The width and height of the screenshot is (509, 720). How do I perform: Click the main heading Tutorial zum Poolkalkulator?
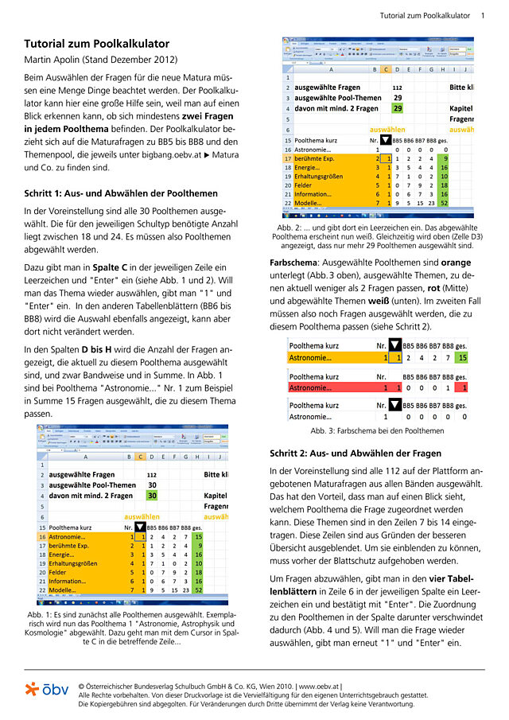point(96,44)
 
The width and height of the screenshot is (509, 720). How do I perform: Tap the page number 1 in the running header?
point(482,15)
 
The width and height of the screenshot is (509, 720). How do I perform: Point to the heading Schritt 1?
point(110,193)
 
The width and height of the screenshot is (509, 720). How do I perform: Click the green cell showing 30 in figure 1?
point(152,495)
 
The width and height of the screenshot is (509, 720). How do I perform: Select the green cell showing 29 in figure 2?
point(397,108)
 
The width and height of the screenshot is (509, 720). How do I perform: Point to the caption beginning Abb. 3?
point(377,430)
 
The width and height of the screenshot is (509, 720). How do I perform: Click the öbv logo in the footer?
point(46,689)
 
